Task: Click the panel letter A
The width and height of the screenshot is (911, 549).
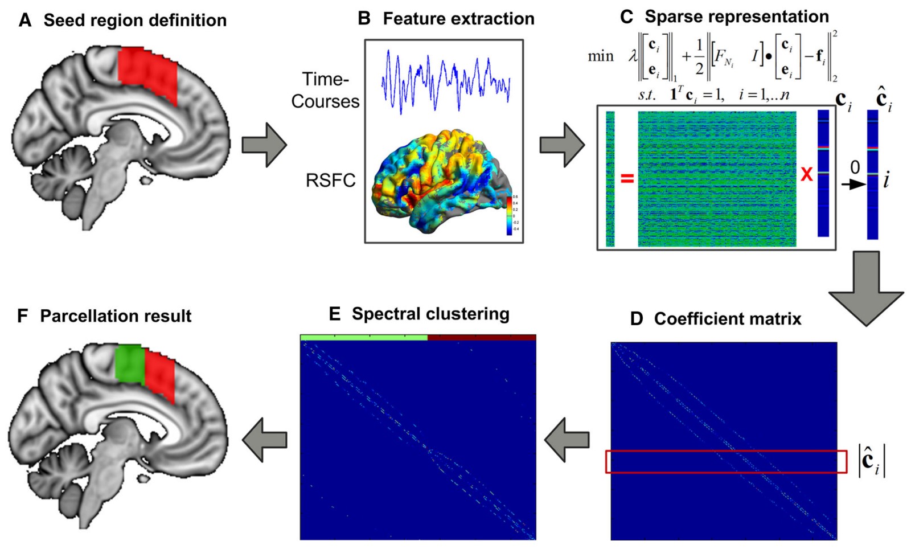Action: (x=24, y=21)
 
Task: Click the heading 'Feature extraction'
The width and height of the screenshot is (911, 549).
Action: (x=458, y=19)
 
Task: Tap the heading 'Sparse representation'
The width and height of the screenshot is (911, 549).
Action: (x=736, y=17)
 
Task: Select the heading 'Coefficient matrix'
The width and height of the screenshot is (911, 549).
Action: (x=727, y=319)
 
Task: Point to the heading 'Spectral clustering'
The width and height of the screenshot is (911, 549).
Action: (x=430, y=314)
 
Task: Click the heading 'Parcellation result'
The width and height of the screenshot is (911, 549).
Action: (x=116, y=316)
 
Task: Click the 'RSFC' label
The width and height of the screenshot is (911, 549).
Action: (x=330, y=181)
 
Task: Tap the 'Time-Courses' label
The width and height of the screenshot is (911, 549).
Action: (x=325, y=90)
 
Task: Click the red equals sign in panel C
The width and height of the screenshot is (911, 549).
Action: (x=627, y=179)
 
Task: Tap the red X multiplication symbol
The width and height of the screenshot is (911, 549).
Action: (x=806, y=174)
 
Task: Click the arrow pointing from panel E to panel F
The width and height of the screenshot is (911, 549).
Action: (x=265, y=440)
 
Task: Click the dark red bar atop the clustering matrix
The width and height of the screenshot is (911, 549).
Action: (x=482, y=338)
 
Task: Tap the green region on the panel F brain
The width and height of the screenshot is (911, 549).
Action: (x=129, y=363)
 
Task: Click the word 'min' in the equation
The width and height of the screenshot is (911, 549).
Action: (x=601, y=56)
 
